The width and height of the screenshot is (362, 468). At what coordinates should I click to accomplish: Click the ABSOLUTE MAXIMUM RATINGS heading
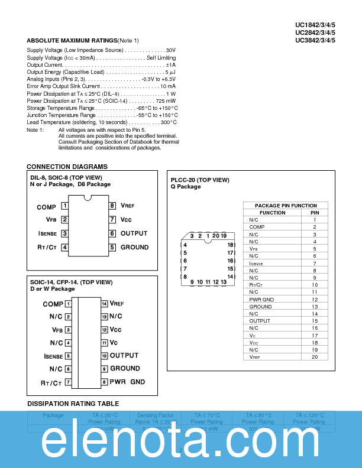click(x=72, y=40)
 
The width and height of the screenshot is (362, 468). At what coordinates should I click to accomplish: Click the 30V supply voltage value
click(x=171, y=51)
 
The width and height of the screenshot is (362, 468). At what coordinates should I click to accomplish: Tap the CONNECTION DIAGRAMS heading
click(x=67, y=167)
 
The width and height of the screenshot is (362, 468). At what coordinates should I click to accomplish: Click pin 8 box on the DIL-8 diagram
click(x=112, y=206)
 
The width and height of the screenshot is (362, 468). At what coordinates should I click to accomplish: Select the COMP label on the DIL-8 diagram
click(x=46, y=207)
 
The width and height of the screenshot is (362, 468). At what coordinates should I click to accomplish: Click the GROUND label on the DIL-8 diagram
click(x=134, y=248)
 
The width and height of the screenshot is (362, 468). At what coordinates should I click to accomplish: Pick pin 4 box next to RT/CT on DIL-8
click(x=64, y=248)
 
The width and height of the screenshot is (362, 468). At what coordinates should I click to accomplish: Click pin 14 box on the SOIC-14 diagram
click(x=104, y=304)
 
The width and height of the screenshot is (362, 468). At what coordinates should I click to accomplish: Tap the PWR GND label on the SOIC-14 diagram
click(x=127, y=382)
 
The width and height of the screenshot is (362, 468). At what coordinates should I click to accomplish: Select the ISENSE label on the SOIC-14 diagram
click(x=53, y=356)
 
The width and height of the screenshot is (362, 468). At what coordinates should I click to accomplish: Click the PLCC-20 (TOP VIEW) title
click(x=200, y=180)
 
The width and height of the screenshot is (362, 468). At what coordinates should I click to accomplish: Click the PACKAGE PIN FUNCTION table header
click(x=286, y=206)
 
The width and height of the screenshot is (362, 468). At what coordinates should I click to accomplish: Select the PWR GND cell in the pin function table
click(x=261, y=300)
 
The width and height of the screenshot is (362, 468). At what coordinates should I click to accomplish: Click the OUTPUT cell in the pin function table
click(x=260, y=321)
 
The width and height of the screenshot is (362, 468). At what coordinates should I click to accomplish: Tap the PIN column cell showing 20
click(x=315, y=357)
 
